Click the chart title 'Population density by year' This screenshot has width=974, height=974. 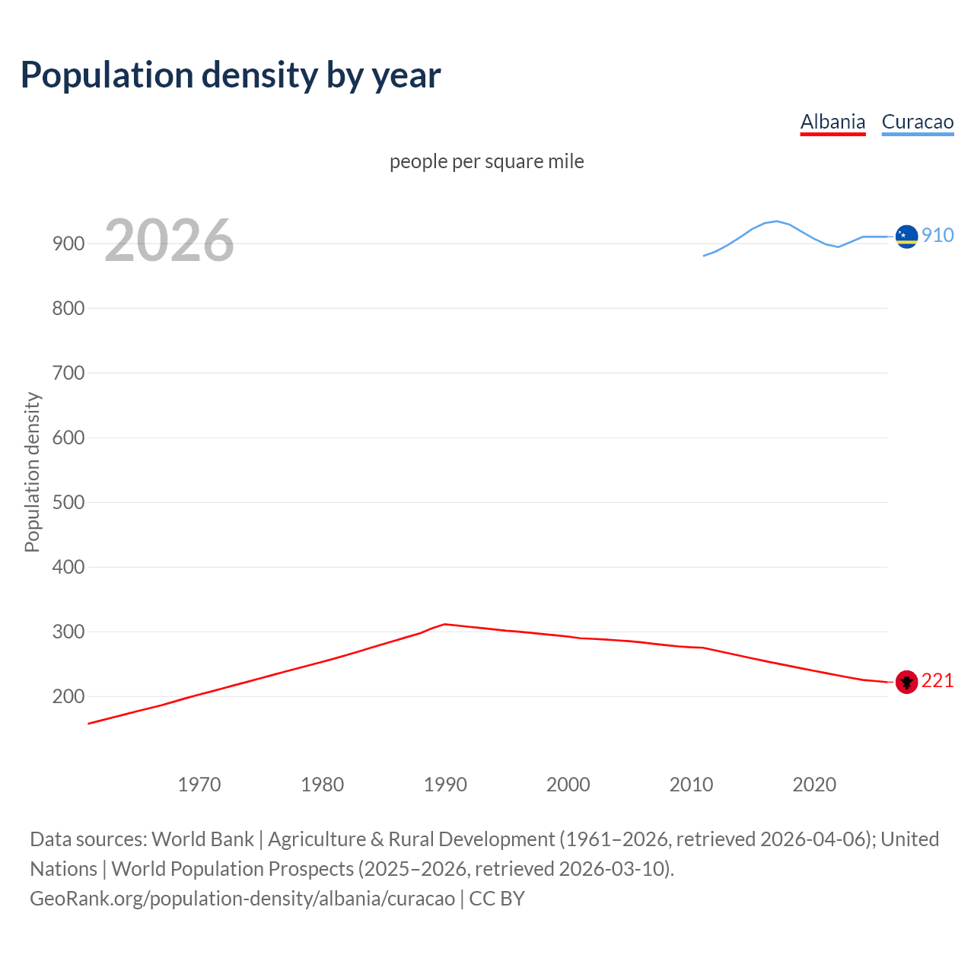coord(231,75)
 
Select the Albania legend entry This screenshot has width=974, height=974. coord(832,122)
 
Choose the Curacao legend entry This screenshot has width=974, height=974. coord(917,122)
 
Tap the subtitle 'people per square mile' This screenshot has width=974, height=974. coord(486,161)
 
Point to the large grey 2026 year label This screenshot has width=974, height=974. coord(169,240)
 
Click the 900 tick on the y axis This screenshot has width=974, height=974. coord(68,243)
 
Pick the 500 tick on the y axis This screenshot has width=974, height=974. coord(68,502)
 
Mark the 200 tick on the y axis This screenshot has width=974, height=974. coord(68,696)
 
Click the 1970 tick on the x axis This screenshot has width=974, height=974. coord(199,785)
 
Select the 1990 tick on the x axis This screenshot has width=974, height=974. coord(445,785)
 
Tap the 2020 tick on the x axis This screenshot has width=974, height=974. coord(814,785)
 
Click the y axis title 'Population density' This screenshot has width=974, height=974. coord(32,472)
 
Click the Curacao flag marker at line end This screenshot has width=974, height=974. coord(906,237)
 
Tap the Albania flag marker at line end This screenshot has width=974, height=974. coord(906,682)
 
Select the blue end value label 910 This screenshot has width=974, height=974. coord(937,235)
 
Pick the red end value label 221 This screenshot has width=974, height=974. coord(937,680)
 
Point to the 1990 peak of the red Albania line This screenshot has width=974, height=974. coord(445,624)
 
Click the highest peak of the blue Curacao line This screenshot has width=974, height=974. coord(776,221)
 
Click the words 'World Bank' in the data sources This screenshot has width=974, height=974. coord(202,839)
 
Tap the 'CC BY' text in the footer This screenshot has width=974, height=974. coord(497,899)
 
